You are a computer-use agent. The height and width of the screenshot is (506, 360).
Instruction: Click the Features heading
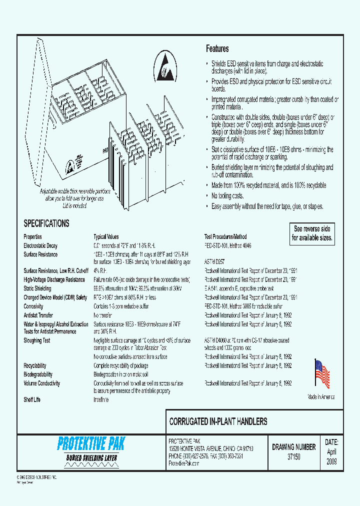pos(217,49)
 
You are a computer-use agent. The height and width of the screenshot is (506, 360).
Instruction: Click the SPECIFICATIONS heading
pos(46,223)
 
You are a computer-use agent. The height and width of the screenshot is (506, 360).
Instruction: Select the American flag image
pos(321,374)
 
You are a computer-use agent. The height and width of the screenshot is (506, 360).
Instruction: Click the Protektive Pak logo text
pos(91,443)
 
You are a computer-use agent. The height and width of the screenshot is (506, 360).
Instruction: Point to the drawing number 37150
pos(293,457)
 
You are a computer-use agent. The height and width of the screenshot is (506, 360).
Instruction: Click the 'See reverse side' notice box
pos(312,233)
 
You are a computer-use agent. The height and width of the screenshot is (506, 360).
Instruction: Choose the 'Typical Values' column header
pos(106,236)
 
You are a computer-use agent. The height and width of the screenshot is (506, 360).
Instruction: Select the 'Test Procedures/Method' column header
pos(225,236)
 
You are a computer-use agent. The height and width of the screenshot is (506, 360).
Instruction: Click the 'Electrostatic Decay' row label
pos(40,245)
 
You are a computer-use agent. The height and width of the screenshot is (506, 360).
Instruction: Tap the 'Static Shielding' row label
pos(37,288)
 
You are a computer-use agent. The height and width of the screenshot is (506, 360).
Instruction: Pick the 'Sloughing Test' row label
pos(37,340)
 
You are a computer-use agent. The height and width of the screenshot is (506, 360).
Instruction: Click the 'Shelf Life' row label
pos(32,400)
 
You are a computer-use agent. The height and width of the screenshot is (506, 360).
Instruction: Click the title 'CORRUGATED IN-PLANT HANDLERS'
pos(218,421)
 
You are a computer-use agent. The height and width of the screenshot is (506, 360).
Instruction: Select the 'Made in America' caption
pos(321,397)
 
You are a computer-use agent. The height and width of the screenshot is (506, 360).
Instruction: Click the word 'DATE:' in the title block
pos(331,442)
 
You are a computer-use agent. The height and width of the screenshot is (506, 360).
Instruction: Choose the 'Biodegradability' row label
pos(38,374)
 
